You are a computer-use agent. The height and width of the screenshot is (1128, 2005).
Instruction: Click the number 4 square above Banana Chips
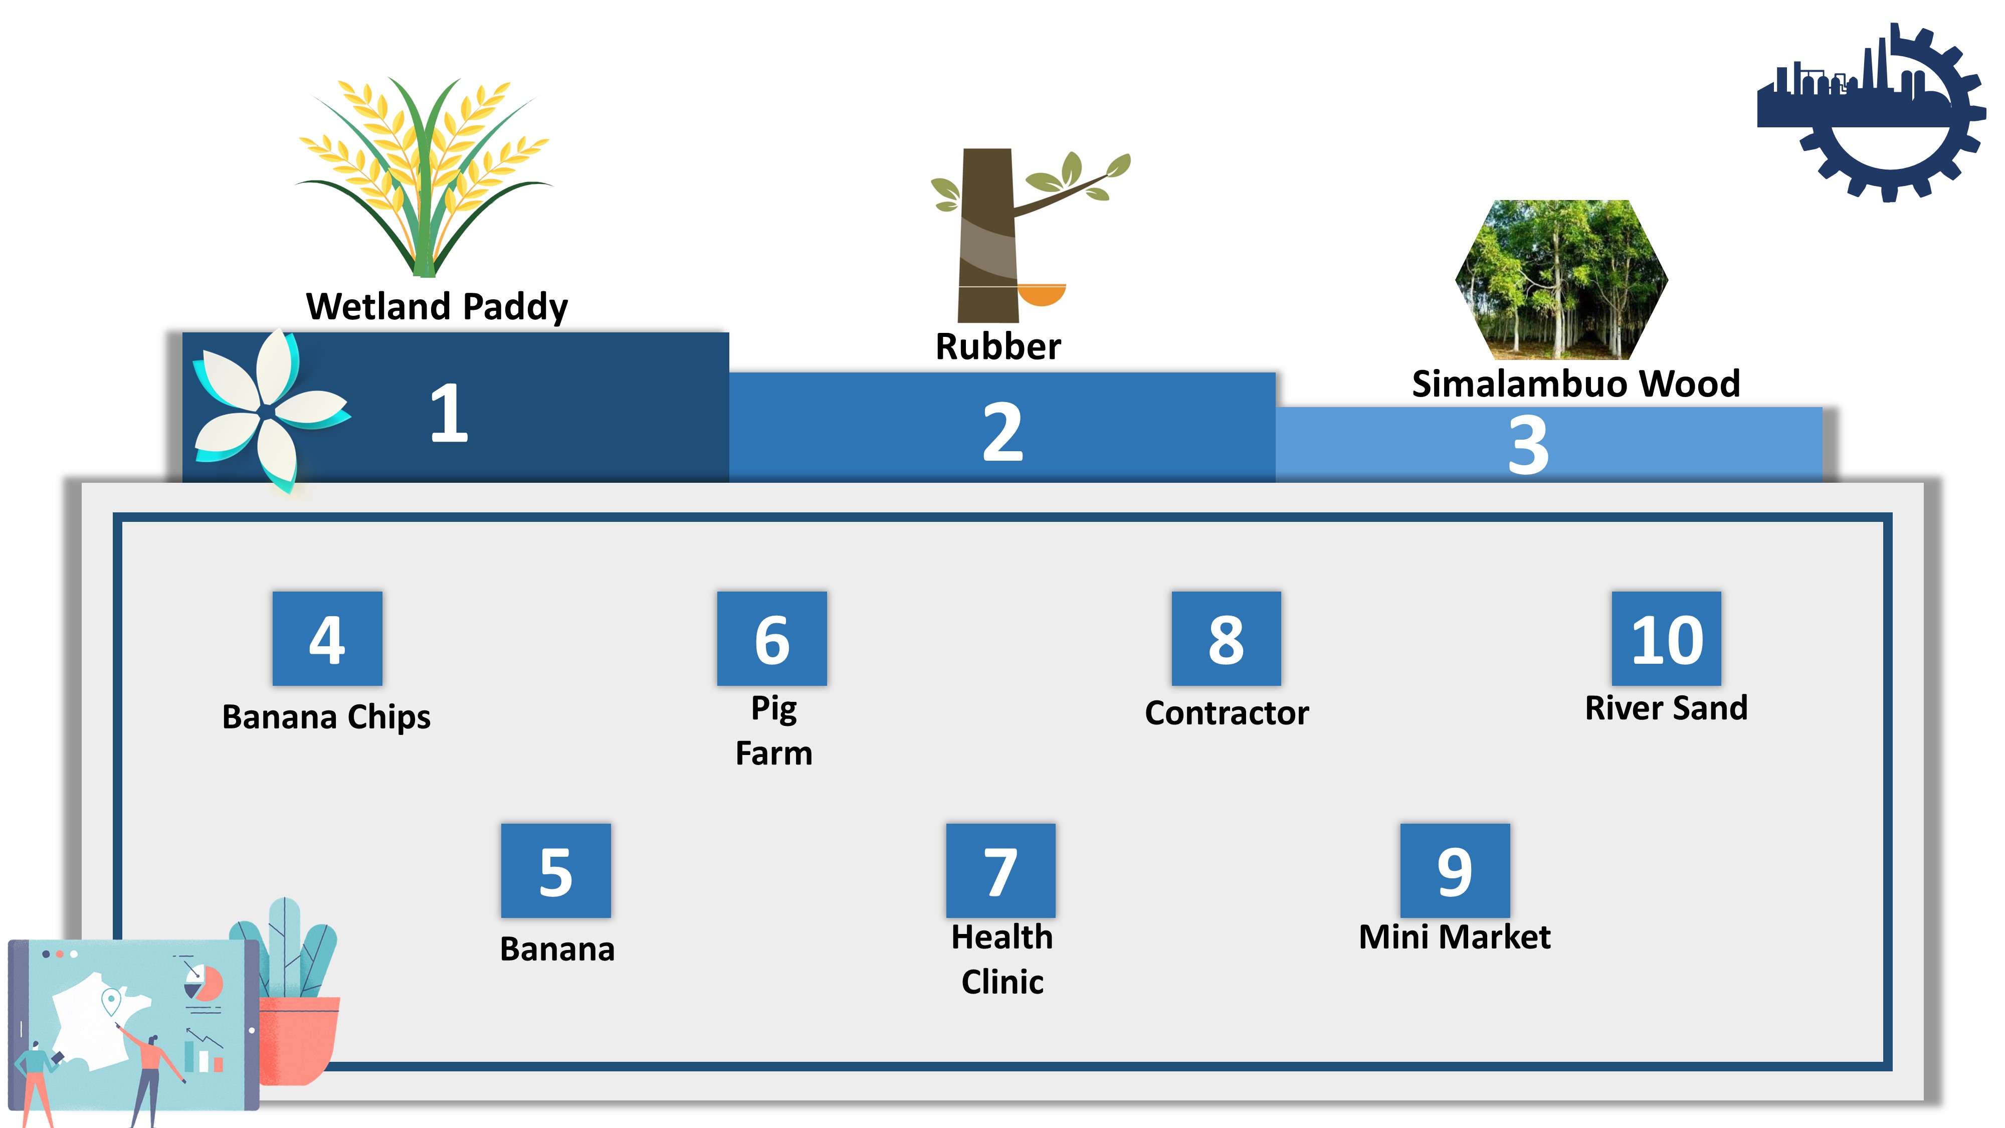click(x=327, y=638)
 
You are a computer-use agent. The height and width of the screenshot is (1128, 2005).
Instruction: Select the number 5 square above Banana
click(x=556, y=870)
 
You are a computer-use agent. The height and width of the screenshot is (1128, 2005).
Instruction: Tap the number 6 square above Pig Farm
click(x=771, y=638)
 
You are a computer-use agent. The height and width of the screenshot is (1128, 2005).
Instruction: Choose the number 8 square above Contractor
click(x=1226, y=638)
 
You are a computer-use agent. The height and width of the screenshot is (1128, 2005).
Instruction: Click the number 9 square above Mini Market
click(x=1455, y=870)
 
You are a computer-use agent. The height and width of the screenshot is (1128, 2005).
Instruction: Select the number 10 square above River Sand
click(x=1667, y=638)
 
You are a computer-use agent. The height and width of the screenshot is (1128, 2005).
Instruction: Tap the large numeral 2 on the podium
click(x=1002, y=432)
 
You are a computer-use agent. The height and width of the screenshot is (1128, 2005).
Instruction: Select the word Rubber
click(x=998, y=346)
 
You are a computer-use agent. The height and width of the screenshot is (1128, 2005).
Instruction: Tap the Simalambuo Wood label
click(x=1576, y=384)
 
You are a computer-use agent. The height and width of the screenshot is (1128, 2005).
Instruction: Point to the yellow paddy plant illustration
click(x=424, y=176)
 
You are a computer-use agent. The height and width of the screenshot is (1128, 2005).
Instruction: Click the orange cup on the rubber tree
click(x=1042, y=296)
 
